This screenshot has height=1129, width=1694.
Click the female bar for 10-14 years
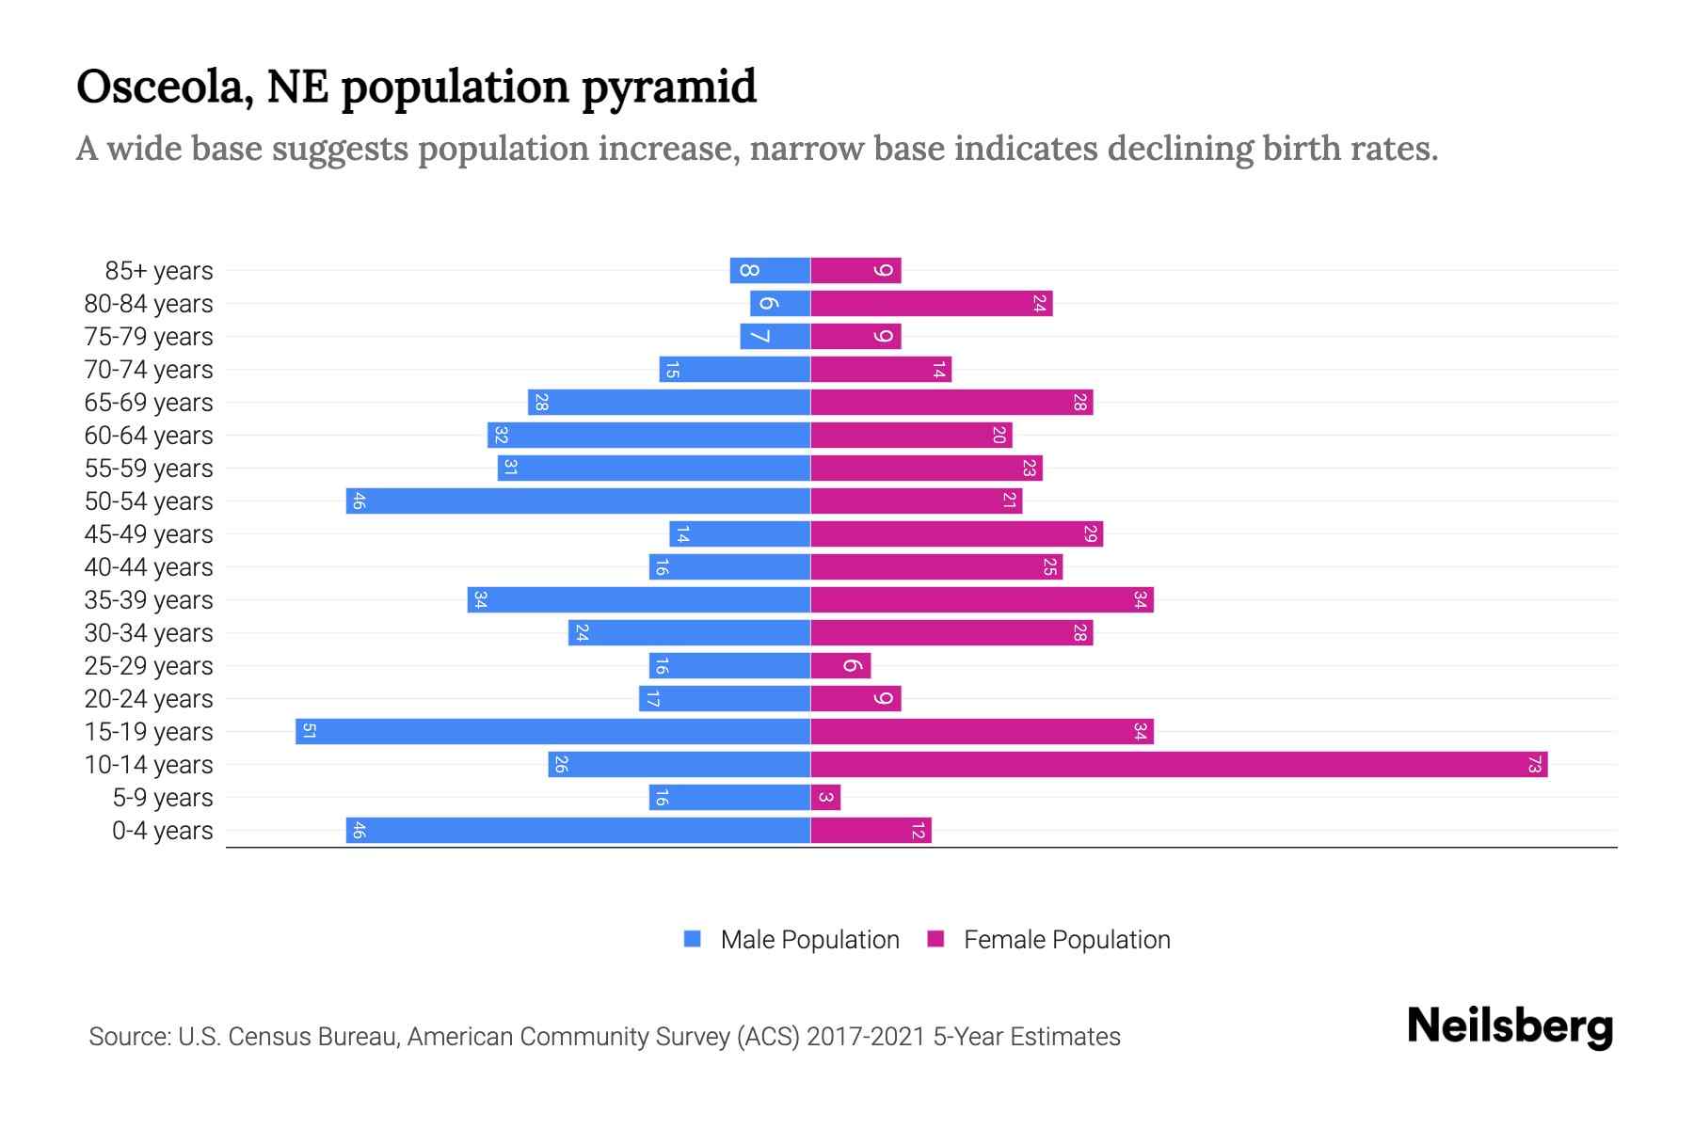[x=1178, y=764]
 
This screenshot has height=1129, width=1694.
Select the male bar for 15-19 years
[x=552, y=731]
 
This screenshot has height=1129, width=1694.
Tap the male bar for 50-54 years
[x=578, y=501]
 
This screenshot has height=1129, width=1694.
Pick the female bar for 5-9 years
[x=825, y=797]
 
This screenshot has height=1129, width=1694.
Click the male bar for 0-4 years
[x=578, y=830]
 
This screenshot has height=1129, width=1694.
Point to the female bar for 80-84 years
[x=931, y=303]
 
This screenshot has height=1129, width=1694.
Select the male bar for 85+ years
[x=770, y=270]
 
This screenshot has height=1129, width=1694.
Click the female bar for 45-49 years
[x=956, y=533]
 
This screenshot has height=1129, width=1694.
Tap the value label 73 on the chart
[x=1534, y=764]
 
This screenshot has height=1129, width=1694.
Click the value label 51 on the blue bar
[x=309, y=731]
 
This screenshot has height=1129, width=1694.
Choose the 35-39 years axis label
[x=149, y=599]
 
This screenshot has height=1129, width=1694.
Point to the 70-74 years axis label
[x=149, y=369]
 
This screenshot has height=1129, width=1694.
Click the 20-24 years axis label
[x=149, y=698]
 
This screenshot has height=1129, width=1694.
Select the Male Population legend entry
[x=809, y=939]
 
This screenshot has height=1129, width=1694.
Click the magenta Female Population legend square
[x=935, y=939]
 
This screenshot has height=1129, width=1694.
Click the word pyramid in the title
[x=668, y=87]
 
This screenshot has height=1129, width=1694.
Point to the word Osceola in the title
[x=164, y=87]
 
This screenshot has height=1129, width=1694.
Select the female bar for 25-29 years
[x=840, y=665]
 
